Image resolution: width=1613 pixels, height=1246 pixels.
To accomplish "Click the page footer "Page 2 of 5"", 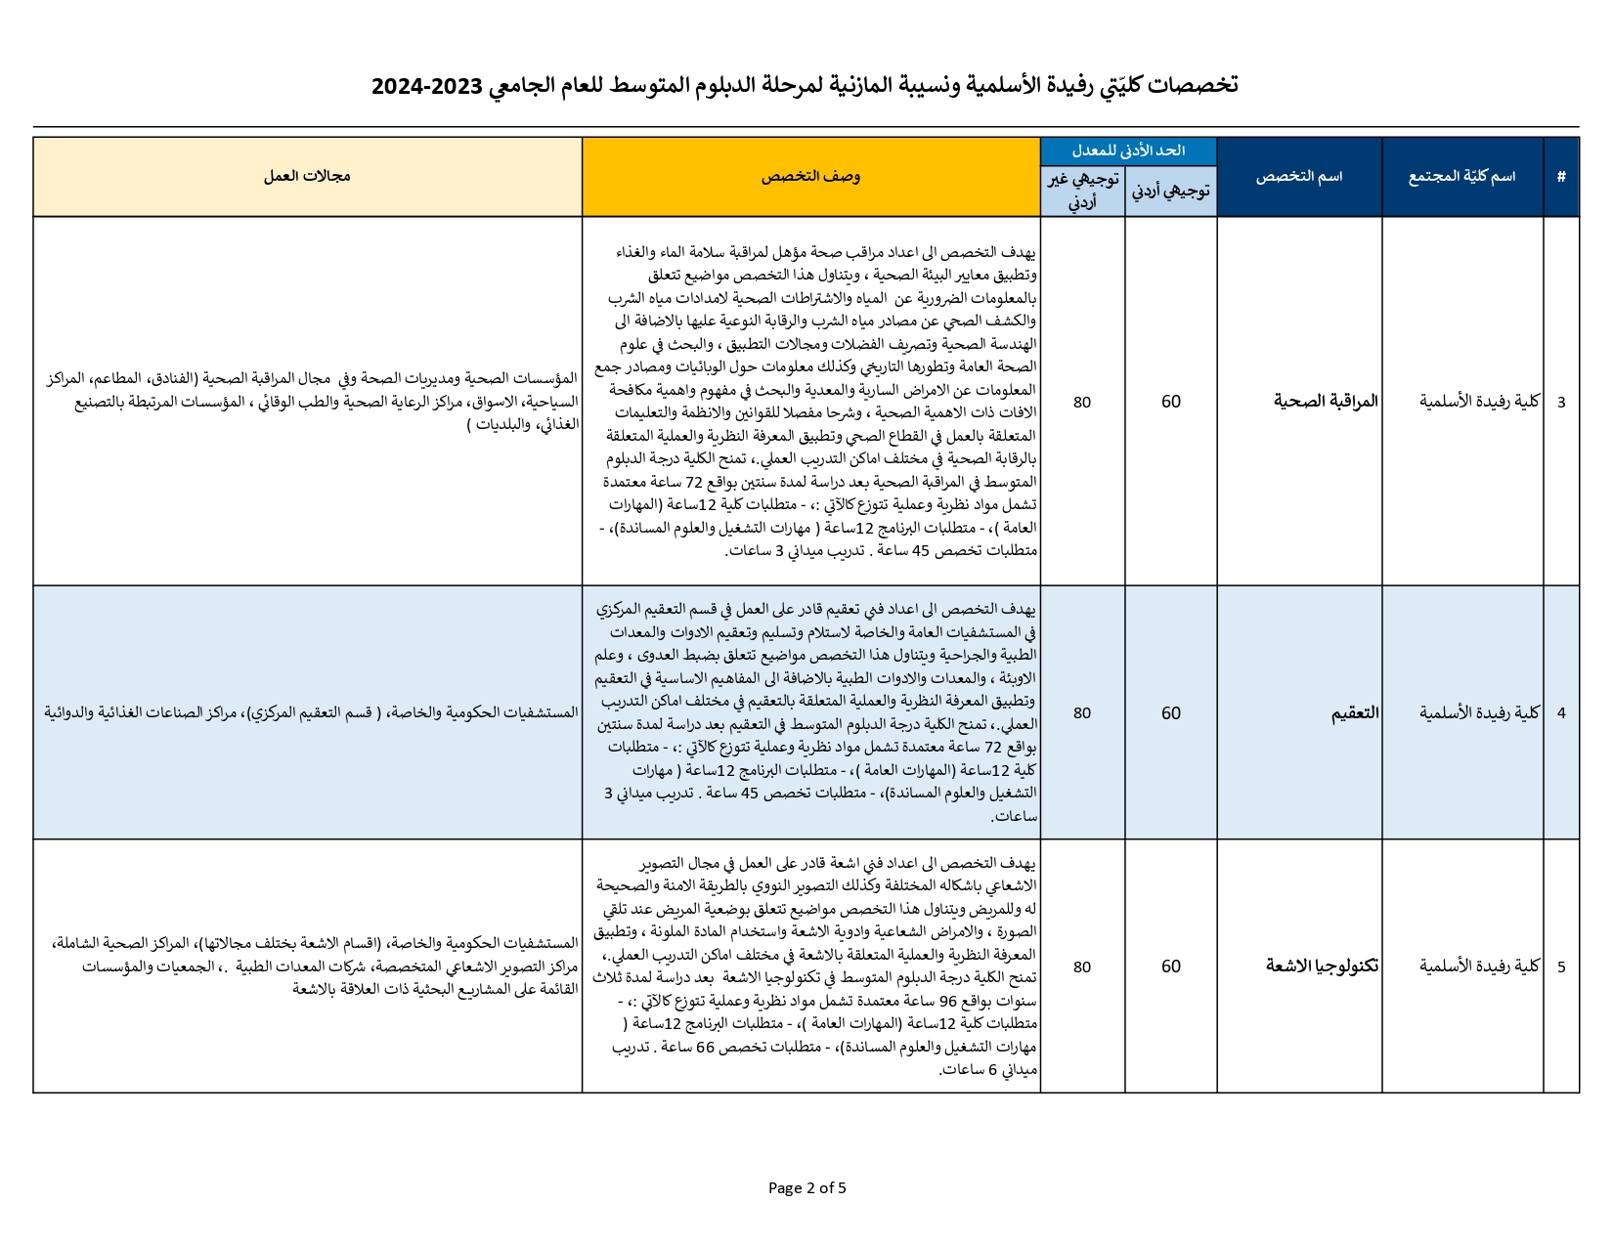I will pyautogui.click(x=806, y=1188).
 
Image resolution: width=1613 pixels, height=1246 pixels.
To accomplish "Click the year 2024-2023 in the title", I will pyautogui.click(x=427, y=86).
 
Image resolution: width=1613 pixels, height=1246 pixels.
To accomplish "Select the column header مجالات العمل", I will pyautogui.click(x=307, y=177).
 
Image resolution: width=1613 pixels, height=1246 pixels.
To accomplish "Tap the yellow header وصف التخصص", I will pyautogui.click(x=810, y=177).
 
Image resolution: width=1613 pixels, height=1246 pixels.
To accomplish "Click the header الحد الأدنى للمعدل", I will pyautogui.click(x=1128, y=150).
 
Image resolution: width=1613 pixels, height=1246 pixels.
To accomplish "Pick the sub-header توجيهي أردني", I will pyautogui.click(x=1171, y=191).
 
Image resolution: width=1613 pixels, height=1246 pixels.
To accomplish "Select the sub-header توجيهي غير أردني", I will pyautogui.click(x=1082, y=191).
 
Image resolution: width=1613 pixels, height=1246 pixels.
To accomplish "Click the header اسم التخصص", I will pyautogui.click(x=1298, y=177).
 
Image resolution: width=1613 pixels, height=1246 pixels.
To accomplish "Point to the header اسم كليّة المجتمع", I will pyautogui.click(x=1461, y=177).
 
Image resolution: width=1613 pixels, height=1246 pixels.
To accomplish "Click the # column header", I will pyautogui.click(x=1561, y=177).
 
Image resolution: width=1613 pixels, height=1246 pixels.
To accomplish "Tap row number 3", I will pyautogui.click(x=1561, y=402).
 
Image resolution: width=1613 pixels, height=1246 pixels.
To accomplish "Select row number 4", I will pyautogui.click(x=1561, y=712).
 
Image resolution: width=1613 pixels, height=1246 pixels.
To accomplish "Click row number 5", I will pyautogui.click(x=1561, y=967).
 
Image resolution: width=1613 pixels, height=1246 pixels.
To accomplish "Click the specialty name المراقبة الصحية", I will pyautogui.click(x=1326, y=401).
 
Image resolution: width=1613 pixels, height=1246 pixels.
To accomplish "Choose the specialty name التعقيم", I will pyautogui.click(x=1355, y=712).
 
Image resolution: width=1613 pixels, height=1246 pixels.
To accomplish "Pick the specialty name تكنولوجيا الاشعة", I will pyautogui.click(x=1322, y=966).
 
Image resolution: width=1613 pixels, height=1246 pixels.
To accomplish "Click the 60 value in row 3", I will pyautogui.click(x=1171, y=402).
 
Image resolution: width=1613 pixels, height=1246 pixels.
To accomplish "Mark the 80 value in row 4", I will pyautogui.click(x=1082, y=712).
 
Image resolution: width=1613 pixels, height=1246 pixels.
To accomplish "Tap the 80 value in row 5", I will pyautogui.click(x=1082, y=967).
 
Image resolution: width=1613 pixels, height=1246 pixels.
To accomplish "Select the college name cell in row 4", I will pyautogui.click(x=1479, y=712).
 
